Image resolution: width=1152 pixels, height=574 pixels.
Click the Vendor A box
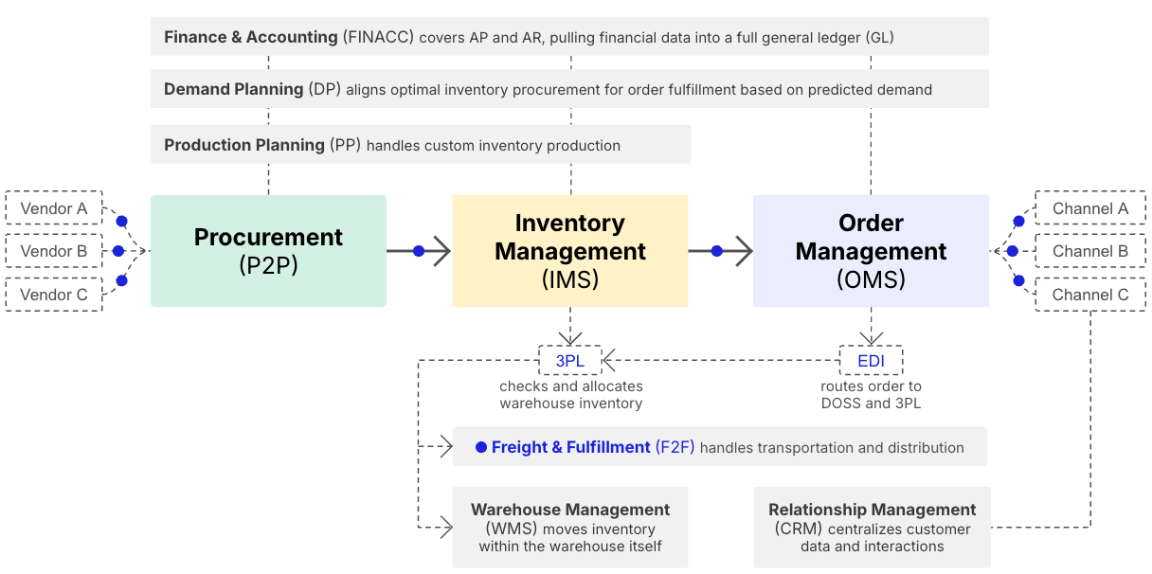(54, 207)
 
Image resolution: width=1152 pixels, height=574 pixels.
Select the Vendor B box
(54, 251)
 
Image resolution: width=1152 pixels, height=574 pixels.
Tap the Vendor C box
(54, 295)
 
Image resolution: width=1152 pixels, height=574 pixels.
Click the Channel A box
(1090, 207)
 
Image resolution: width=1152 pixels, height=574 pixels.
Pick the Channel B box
(1090, 251)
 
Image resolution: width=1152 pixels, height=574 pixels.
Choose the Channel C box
(1090, 295)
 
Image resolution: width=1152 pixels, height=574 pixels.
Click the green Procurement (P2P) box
(268, 251)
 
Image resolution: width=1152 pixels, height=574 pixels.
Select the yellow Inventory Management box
(570, 251)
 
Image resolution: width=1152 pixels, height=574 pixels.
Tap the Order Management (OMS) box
(872, 251)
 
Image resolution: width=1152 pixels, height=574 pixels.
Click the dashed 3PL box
(569, 360)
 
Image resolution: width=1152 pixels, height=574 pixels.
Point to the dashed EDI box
(872, 360)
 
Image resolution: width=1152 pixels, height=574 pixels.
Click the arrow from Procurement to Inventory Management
(419, 251)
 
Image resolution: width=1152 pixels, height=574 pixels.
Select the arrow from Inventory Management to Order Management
(721, 251)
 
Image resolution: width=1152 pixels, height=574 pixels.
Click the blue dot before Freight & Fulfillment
(481, 447)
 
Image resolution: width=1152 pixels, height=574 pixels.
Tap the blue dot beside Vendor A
(122, 221)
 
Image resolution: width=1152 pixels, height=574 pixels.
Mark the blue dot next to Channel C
(1018, 280)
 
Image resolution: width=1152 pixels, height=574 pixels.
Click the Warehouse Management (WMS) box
(570, 528)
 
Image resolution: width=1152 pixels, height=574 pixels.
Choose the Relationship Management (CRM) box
(873, 528)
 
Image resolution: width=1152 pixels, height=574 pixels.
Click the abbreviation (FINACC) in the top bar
(379, 37)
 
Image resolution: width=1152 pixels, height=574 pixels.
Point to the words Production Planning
(244, 145)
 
